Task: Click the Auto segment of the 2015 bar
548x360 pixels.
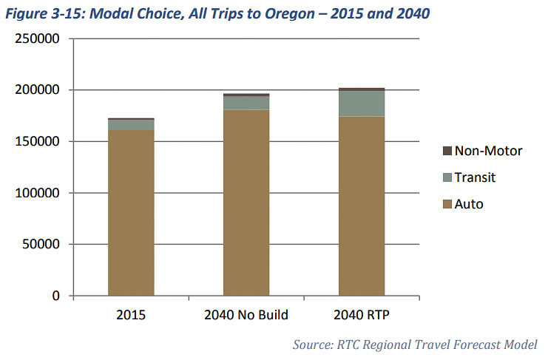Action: (x=131, y=213)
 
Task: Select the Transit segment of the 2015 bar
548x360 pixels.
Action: (x=131, y=125)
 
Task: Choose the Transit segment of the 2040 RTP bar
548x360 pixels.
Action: (x=362, y=104)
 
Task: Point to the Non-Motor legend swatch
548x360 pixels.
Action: (x=447, y=151)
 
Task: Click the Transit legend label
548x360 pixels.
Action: (x=475, y=177)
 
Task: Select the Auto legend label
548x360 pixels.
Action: (x=469, y=203)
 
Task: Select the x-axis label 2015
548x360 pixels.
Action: (x=131, y=315)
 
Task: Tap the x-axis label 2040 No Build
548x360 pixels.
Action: (x=246, y=315)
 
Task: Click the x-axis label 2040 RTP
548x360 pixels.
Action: (x=362, y=315)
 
